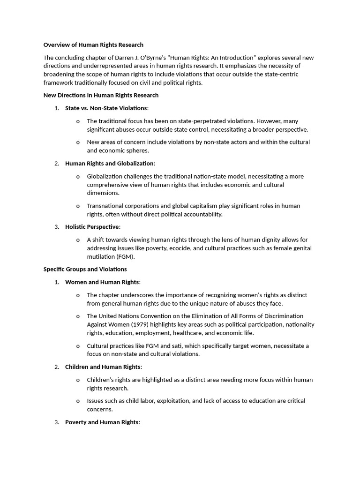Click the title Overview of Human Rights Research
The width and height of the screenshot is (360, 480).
tap(93, 45)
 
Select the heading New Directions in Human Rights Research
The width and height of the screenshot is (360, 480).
tap(101, 95)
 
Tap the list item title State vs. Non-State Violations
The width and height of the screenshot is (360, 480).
tap(106, 108)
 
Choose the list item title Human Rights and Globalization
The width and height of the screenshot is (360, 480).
tap(109, 163)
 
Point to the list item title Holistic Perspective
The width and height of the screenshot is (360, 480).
tap(92, 227)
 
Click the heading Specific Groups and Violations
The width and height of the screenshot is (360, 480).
tap(85, 269)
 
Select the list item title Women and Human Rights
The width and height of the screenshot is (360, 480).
tap(102, 282)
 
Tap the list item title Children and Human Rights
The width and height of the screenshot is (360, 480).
tap(103, 367)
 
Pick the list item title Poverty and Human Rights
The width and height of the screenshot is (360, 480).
tap(102, 422)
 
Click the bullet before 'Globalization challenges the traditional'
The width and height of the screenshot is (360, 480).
tap(77, 177)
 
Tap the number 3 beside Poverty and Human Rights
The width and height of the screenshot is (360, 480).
tap(56, 422)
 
